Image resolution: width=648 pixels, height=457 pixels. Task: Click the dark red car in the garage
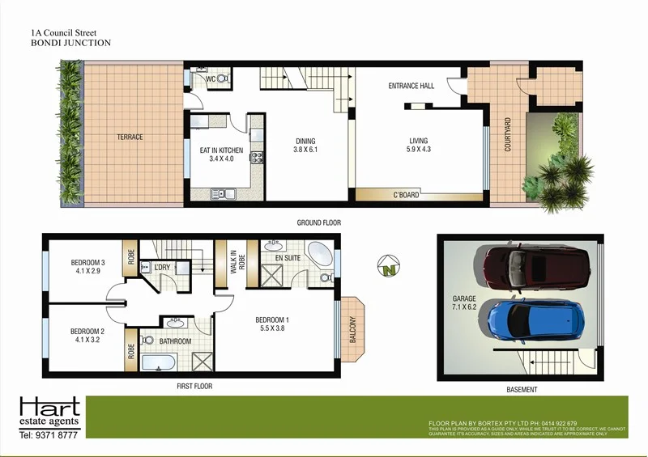tap(537, 269)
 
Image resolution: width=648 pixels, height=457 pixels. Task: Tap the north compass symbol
tap(389, 265)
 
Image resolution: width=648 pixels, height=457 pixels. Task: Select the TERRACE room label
tap(129, 137)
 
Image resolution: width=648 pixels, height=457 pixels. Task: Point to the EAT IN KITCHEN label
tap(221, 150)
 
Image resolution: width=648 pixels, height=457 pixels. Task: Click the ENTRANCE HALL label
tap(411, 86)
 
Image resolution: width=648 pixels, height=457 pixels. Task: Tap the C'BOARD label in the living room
tap(405, 195)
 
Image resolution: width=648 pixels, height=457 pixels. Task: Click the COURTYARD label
tap(508, 135)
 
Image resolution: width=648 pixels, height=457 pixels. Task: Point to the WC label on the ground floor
tap(209, 79)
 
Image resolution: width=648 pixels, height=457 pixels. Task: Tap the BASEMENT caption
tap(522, 390)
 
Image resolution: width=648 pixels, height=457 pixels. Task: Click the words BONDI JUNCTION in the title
tap(70, 43)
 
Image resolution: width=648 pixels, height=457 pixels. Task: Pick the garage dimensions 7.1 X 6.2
tap(465, 308)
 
